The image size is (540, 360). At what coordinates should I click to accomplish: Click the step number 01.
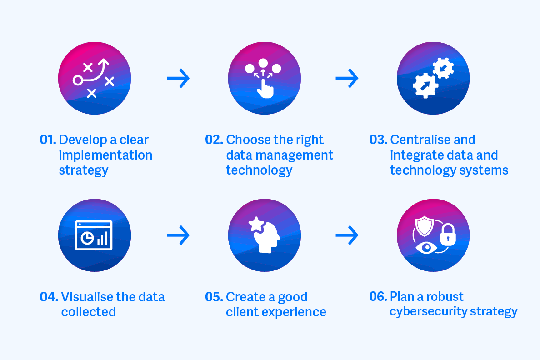click(48, 140)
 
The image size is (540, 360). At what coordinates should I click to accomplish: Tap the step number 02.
click(214, 140)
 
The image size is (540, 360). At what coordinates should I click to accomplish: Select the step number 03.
click(378, 140)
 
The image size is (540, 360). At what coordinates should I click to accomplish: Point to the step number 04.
click(49, 297)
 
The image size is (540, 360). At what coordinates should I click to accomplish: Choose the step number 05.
click(214, 297)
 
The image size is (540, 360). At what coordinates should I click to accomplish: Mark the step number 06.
click(378, 297)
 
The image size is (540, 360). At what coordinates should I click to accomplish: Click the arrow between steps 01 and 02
click(178, 79)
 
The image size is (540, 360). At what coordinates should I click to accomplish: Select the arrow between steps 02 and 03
click(347, 79)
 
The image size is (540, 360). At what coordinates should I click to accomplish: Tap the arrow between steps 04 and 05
click(178, 235)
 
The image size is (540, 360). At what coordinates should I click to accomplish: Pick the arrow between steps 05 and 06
click(347, 235)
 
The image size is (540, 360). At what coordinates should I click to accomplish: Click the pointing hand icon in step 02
click(265, 87)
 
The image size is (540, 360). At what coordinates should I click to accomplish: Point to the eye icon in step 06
click(426, 248)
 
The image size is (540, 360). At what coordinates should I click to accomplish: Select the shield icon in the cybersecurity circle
click(425, 225)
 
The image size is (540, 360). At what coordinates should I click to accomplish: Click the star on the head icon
click(255, 224)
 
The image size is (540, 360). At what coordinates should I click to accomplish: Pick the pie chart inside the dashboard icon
click(86, 238)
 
